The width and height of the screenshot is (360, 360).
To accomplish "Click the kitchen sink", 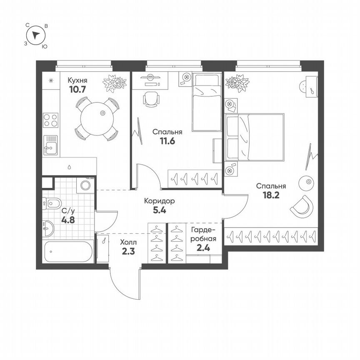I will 51,145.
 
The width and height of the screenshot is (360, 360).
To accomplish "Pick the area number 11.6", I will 166,141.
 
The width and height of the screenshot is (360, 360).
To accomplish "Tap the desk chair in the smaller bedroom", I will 151,98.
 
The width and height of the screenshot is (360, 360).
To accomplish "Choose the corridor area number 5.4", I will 159,210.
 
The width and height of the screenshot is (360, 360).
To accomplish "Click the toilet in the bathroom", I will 53,203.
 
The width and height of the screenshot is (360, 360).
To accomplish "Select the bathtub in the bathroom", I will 69,252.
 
